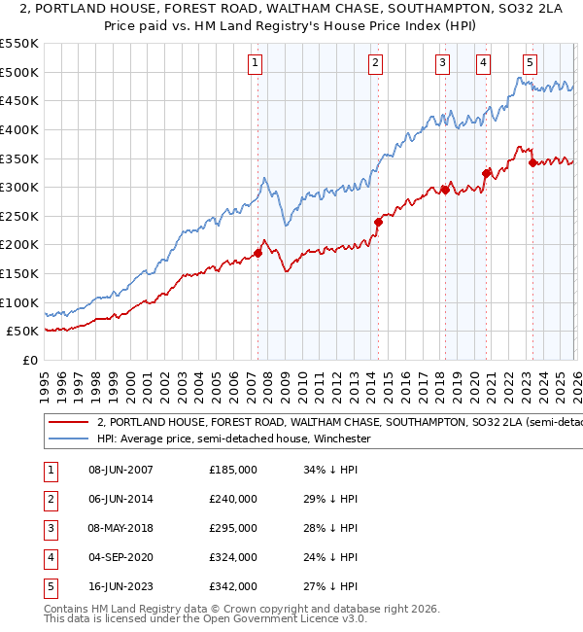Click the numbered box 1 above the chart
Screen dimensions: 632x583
[x=255, y=63]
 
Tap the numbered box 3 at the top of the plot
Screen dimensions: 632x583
[x=442, y=63]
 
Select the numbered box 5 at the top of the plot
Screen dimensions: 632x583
[x=530, y=63]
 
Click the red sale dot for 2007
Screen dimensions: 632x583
[x=258, y=254]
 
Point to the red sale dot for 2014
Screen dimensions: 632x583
[x=378, y=222]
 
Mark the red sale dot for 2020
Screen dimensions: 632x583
[x=485, y=173]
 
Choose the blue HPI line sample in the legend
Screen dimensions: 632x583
[x=69, y=439]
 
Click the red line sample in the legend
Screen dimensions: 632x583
[x=69, y=423]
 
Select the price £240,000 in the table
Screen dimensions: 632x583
[x=233, y=500]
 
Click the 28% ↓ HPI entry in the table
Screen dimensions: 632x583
[x=330, y=529]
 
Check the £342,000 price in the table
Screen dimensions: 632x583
[x=233, y=587]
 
